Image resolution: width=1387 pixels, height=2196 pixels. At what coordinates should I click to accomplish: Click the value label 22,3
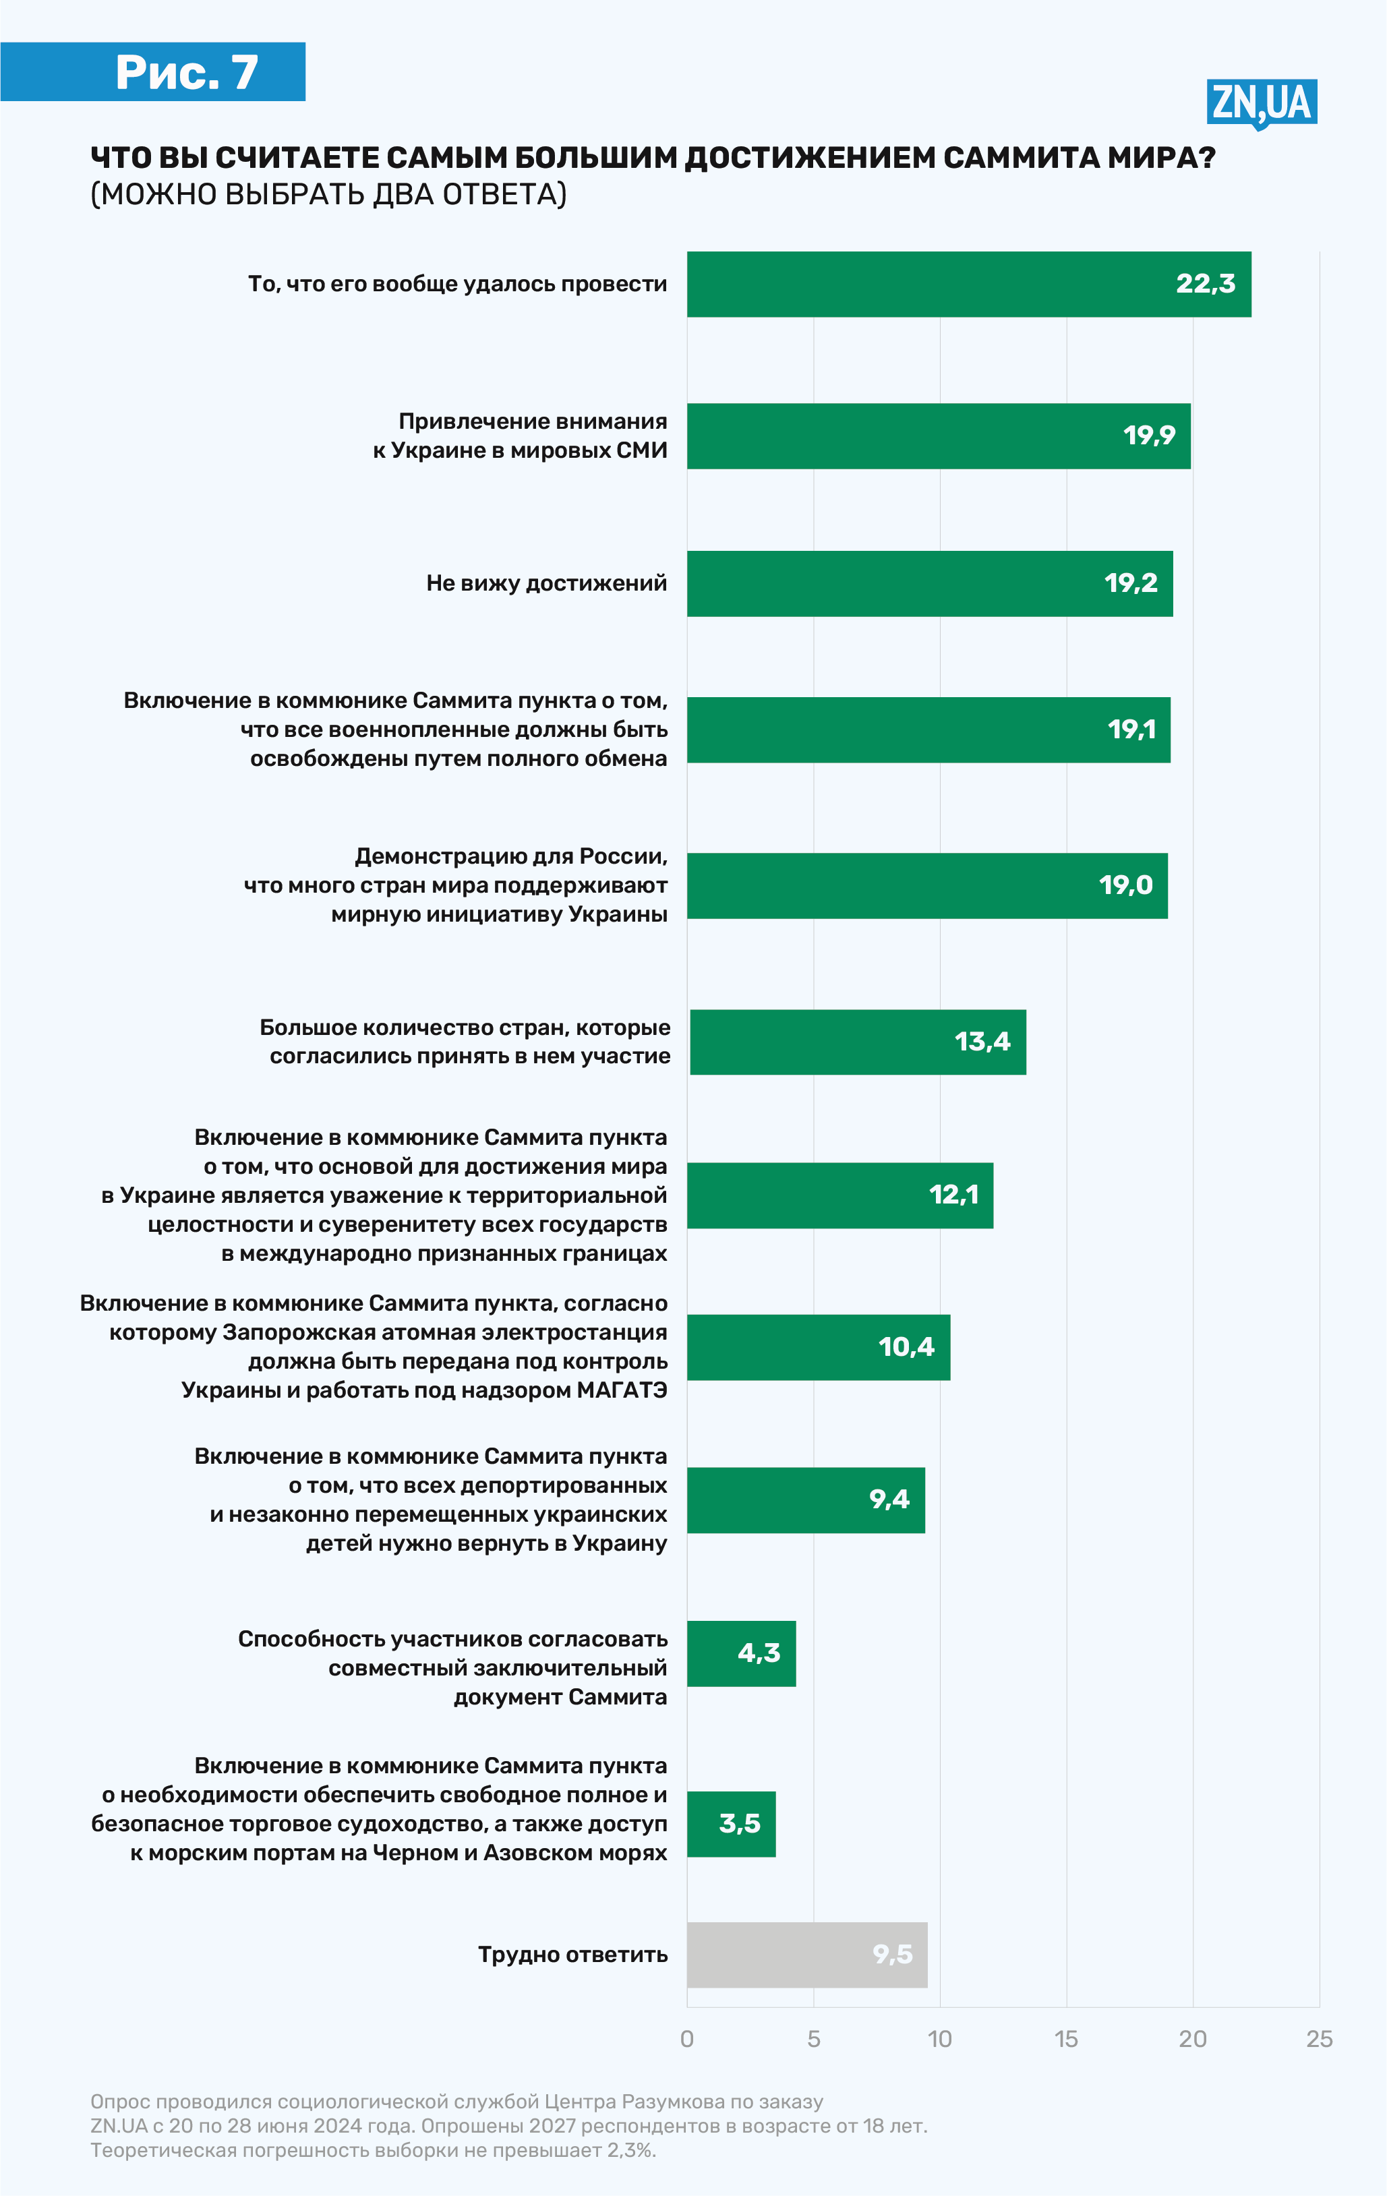1205,284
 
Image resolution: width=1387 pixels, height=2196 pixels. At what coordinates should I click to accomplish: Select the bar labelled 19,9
939,436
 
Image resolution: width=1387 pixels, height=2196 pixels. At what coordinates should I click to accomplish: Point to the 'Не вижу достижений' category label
546,583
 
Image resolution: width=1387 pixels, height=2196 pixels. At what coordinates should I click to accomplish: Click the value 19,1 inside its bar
1131,730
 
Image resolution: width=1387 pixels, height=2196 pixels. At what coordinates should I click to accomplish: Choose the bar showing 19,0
926,885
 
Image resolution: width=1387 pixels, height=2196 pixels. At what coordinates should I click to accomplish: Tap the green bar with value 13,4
857,1042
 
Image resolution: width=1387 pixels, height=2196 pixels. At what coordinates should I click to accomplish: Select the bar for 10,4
818,1347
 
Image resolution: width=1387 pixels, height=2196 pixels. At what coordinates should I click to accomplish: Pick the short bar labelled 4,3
740,1653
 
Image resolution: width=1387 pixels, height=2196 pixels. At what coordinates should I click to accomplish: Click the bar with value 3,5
730,1824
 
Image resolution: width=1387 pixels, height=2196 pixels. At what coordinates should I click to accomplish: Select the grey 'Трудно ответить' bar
806,1955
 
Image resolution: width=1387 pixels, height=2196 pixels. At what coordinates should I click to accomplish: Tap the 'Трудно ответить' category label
572,1955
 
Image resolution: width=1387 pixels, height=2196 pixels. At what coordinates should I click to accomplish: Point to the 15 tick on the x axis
1066,2039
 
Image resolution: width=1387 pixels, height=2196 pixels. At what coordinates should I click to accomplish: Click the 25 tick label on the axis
1319,2039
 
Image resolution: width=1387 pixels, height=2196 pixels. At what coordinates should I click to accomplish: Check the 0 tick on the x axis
686,2039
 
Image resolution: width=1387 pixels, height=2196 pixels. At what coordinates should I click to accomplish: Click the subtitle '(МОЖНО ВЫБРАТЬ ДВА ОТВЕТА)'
328,194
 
